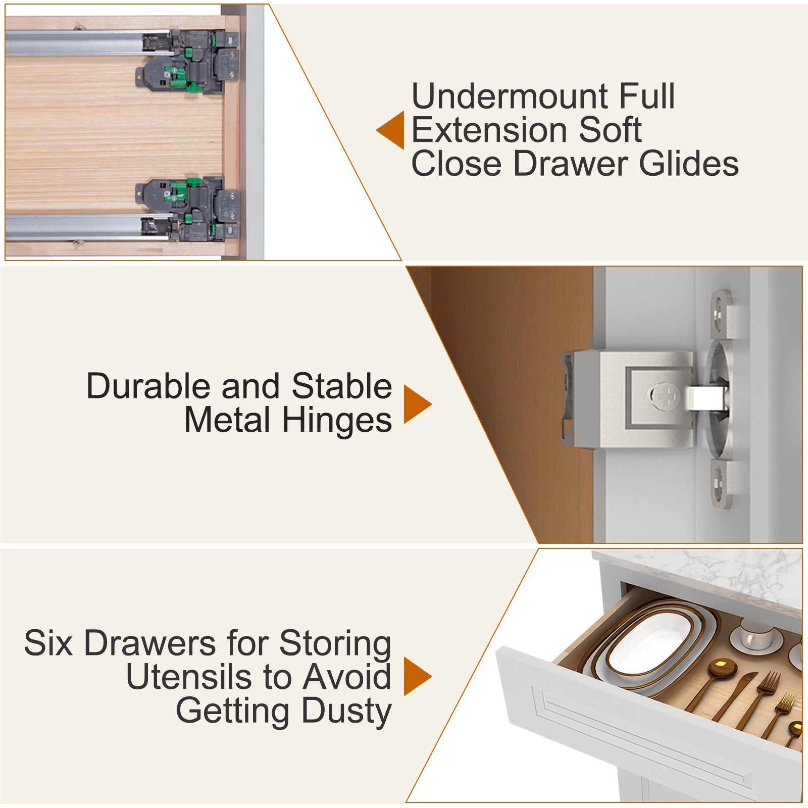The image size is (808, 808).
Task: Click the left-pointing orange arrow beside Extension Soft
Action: click(390, 130)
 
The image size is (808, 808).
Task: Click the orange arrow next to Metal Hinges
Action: click(418, 404)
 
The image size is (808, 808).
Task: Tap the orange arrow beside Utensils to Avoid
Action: click(418, 677)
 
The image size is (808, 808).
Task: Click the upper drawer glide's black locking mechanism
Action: click(187, 62)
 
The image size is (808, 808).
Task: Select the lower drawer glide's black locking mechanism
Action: click(187, 208)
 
